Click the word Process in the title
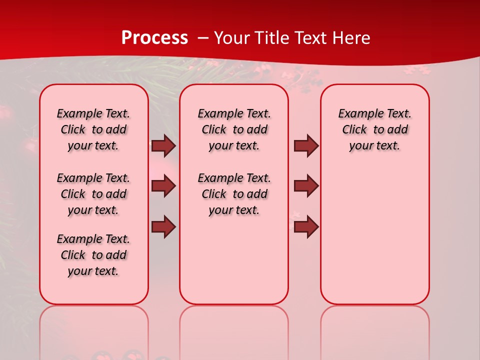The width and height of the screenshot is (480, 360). pyautogui.click(x=154, y=37)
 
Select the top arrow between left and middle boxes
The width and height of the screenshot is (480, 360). pyautogui.click(x=163, y=146)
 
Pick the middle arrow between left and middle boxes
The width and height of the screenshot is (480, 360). pyautogui.click(x=163, y=186)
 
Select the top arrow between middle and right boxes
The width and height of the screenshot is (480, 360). pyautogui.click(x=306, y=146)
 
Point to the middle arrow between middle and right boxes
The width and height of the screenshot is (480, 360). pyautogui.click(x=306, y=186)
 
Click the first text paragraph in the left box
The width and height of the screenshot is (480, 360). pyautogui.click(x=93, y=129)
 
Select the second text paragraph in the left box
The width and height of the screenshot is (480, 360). pyautogui.click(x=93, y=194)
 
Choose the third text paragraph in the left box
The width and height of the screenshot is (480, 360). pyautogui.click(x=93, y=255)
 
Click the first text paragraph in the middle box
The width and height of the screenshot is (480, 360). pyautogui.click(x=234, y=129)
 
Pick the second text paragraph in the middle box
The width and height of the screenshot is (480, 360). pyautogui.click(x=234, y=194)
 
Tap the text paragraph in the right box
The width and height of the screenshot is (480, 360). pyautogui.click(x=375, y=129)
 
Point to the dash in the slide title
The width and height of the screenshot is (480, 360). pyautogui.click(x=203, y=37)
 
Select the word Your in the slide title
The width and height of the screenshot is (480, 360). pyautogui.click(x=232, y=37)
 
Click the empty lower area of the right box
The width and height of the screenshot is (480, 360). pyautogui.click(x=375, y=235)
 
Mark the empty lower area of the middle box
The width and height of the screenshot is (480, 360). pyautogui.click(x=234, y=260)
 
